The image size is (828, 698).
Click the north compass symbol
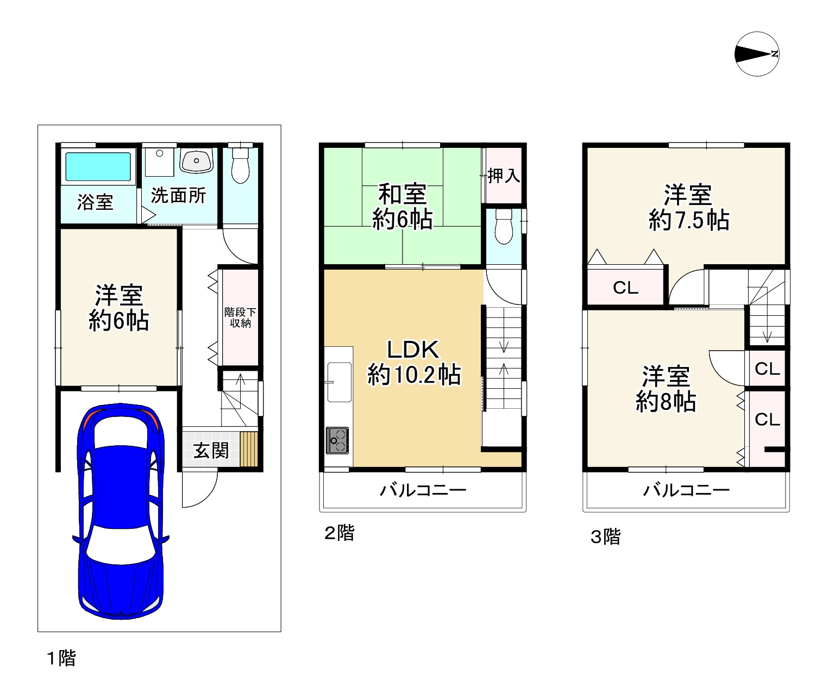[757, 54]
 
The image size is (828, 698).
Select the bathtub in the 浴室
[98, 167]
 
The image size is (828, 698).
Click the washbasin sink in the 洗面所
[196, 160]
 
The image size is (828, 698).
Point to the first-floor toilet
[240, 165]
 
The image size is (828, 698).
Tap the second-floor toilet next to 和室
[504, 227]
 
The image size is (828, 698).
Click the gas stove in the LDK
[337, 440]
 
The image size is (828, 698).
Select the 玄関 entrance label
[211, 451]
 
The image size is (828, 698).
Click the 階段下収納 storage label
[240, 317]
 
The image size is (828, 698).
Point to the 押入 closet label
[504, 176]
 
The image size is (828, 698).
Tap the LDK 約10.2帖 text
[413, 362]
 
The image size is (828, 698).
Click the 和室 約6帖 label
[402, 207]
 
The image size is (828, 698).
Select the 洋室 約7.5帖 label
[689, 208]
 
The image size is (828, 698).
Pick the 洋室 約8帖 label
[666, 389]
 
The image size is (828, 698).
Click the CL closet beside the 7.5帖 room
[625, 288]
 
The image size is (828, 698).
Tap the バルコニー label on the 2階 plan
[423, 491]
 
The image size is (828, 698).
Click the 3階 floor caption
[606, 537]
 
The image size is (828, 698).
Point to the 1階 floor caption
[61, 658]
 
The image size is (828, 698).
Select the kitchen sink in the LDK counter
[340, 382]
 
